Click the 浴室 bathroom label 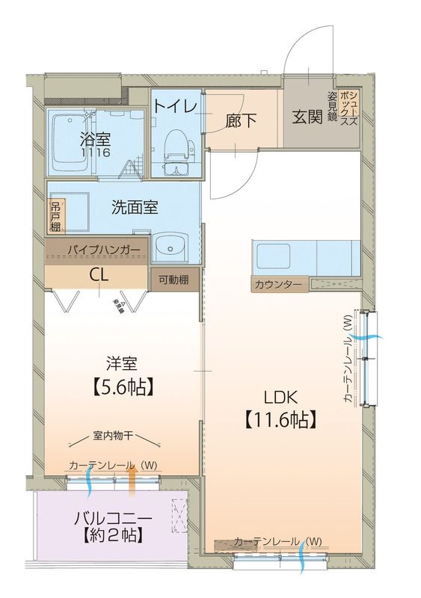95,139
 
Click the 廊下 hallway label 239,120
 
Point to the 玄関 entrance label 307,118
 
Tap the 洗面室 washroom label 135,208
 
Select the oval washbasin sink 174,244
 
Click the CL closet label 98,274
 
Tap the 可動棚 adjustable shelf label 173,279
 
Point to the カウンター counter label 278,285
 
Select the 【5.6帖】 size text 121,386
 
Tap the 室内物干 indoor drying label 114,435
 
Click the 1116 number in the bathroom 95,152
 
